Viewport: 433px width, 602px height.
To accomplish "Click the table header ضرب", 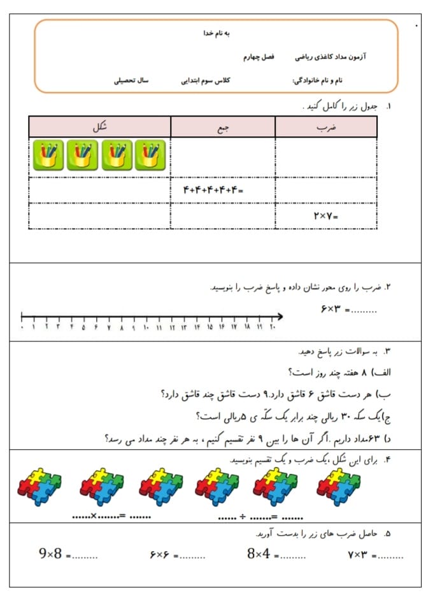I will click(325, 127).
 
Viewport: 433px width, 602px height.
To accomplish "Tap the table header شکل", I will click(100, 127).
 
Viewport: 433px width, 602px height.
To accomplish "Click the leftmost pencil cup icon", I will click(49, 155).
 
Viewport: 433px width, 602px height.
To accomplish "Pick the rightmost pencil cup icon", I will click(150, 155).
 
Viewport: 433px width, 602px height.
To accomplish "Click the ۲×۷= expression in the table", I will click(325, 216).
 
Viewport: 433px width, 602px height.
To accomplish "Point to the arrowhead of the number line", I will click(280, 315).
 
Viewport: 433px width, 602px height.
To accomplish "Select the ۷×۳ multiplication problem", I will click(358, 555).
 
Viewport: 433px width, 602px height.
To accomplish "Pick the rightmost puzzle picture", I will click(339, 487).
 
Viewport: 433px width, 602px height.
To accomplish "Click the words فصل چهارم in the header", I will click(258, 57).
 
